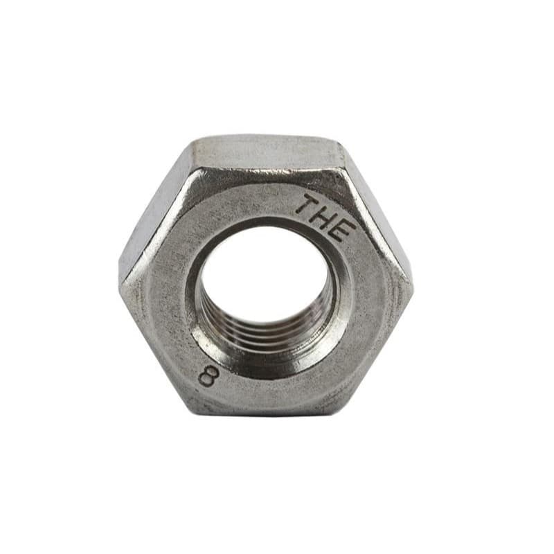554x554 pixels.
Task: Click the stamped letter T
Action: [x=307, y=205]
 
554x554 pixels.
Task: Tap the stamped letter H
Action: [x=323, y=218]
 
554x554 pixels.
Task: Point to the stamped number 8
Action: [x=207, y=377]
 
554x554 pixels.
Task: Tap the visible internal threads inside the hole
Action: [x=265, y=332]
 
